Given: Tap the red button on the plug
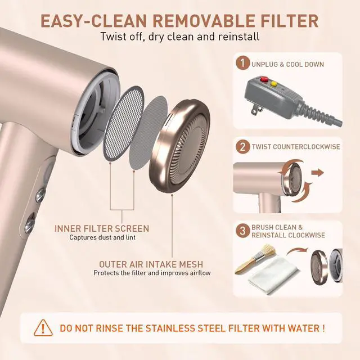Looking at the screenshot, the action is click(x=264, y=79).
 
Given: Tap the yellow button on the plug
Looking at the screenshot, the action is click(x=274, y=84).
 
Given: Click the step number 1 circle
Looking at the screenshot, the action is click(x=242, y=62).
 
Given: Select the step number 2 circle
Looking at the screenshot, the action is click(x=242, y=147).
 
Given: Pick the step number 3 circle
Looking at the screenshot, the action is click(x=242, y=231).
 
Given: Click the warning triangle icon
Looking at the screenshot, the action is click(x=43, y=328).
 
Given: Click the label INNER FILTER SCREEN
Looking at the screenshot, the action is click(x=102, y=229).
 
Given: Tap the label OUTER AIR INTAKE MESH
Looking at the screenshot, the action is click(x=151, y=264).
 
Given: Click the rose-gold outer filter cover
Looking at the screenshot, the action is click(x=179, y=146).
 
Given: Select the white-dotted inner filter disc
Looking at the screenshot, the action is click(x=124, y=123).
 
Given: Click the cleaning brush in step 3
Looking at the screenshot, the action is click(x=255, y=258).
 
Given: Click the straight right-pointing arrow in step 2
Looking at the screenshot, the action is click(x=317, y=173).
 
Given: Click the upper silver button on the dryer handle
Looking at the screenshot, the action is click(x=41, y=195).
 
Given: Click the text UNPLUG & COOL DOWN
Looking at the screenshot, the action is click(x=287, y=64).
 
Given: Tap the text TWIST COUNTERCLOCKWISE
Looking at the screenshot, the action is click(x=296, y=147).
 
